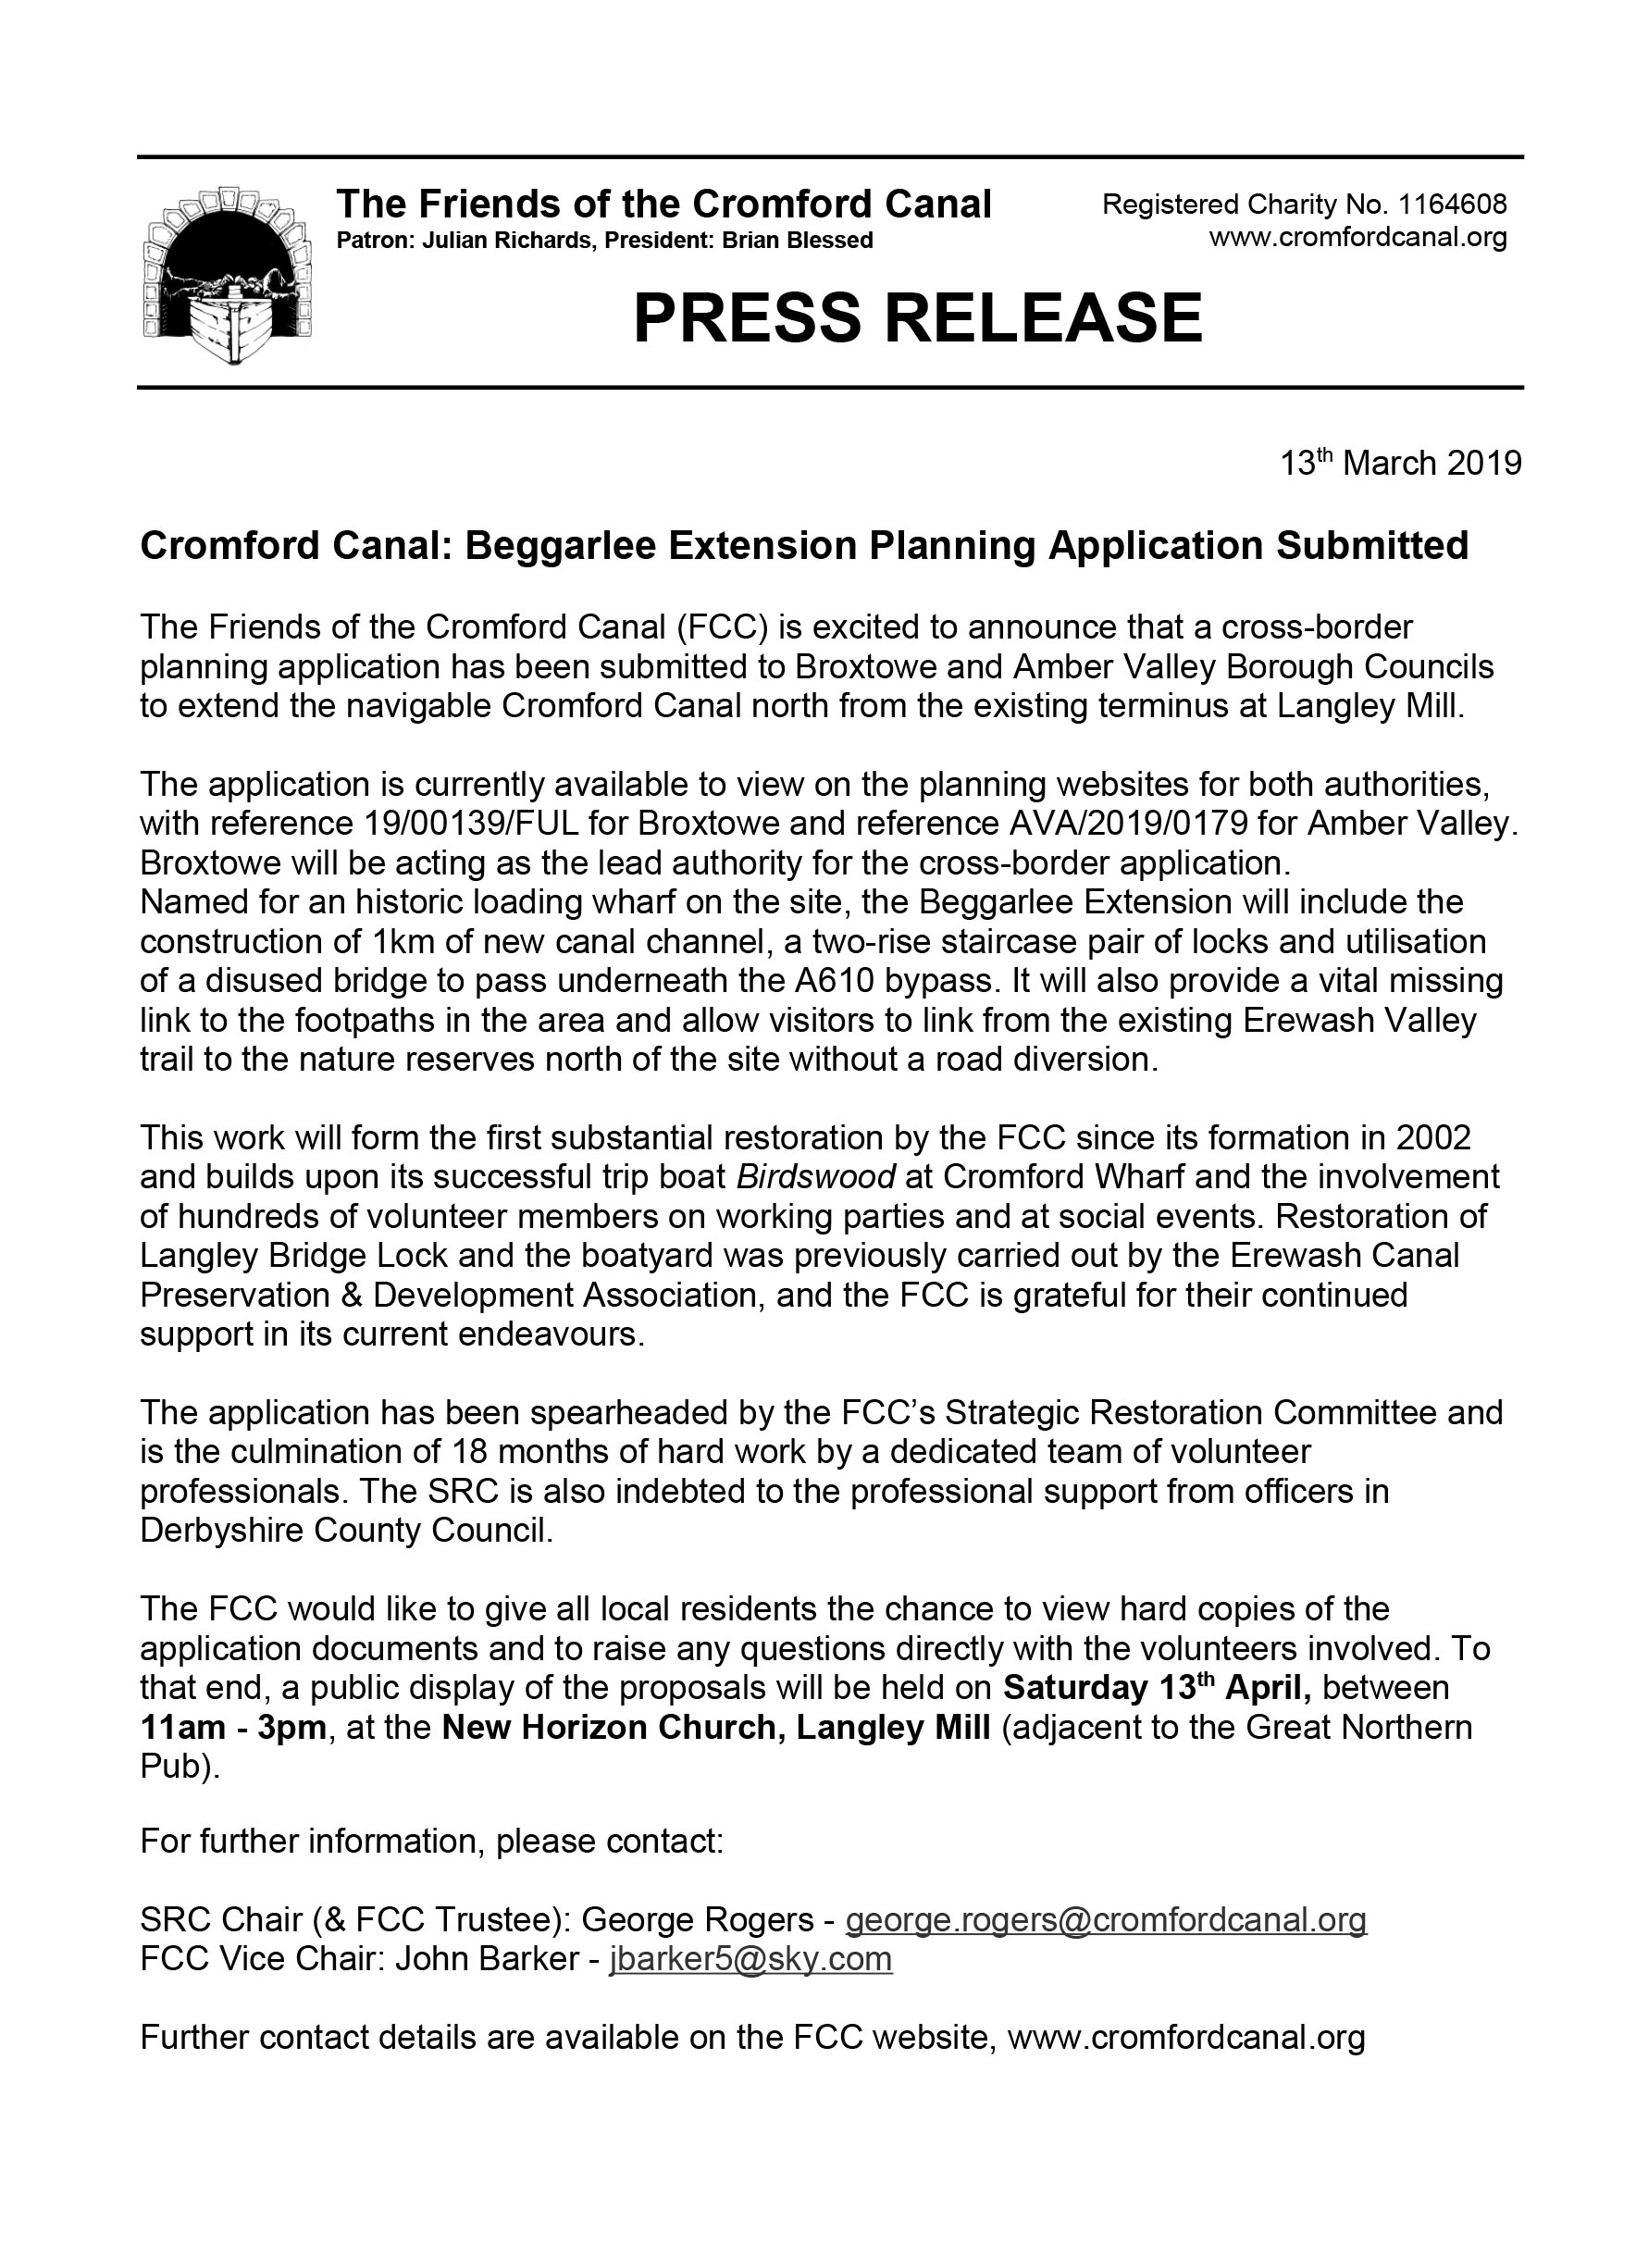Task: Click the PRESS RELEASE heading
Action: tap(917, 318)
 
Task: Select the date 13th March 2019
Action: tap(1400, 463)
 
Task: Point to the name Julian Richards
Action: tap(506, 240)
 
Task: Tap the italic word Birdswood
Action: tap(816, 1177)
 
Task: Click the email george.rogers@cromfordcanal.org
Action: tap(1105, 1918)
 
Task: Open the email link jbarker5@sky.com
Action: tap(750, 1958)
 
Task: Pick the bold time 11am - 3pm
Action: tap(233, 1727)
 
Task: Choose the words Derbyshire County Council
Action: tap(345, 1531)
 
